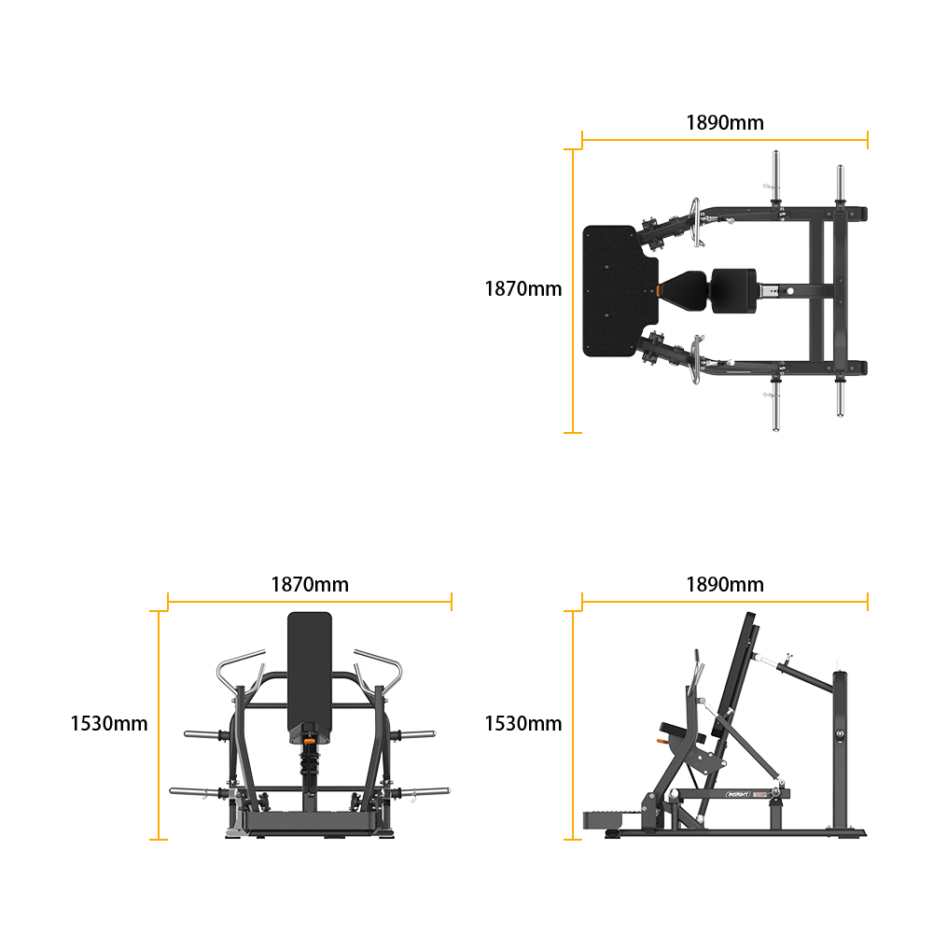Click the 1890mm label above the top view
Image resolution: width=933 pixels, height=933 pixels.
tap(725, 122)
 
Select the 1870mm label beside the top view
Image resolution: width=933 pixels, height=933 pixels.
tap(523, 288)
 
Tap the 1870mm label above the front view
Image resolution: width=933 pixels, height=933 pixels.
tap(310, 584)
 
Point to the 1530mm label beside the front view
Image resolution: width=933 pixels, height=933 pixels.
tap(109, 724)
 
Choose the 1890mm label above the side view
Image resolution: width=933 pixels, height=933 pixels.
tap(725, 584)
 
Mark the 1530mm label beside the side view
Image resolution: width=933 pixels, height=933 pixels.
tap(523, 724)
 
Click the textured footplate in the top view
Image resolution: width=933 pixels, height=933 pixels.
tap(619, 291)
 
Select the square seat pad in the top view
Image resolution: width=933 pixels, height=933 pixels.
tap(733, 291)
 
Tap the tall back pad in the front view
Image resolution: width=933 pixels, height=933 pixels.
tap(310, 673)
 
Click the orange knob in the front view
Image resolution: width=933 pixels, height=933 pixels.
tap(310, 741)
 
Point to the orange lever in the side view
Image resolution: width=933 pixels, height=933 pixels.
tap(661, 741)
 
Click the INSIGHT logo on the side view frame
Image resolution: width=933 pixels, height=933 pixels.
tap(738, 794)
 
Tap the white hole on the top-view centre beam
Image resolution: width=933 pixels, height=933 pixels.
tap(789, 291)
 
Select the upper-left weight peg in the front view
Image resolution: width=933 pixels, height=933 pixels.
tap(205, 735)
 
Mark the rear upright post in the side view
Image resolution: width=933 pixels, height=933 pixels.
tap(840, 753)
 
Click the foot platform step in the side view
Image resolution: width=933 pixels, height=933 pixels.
tap(602, 820)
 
